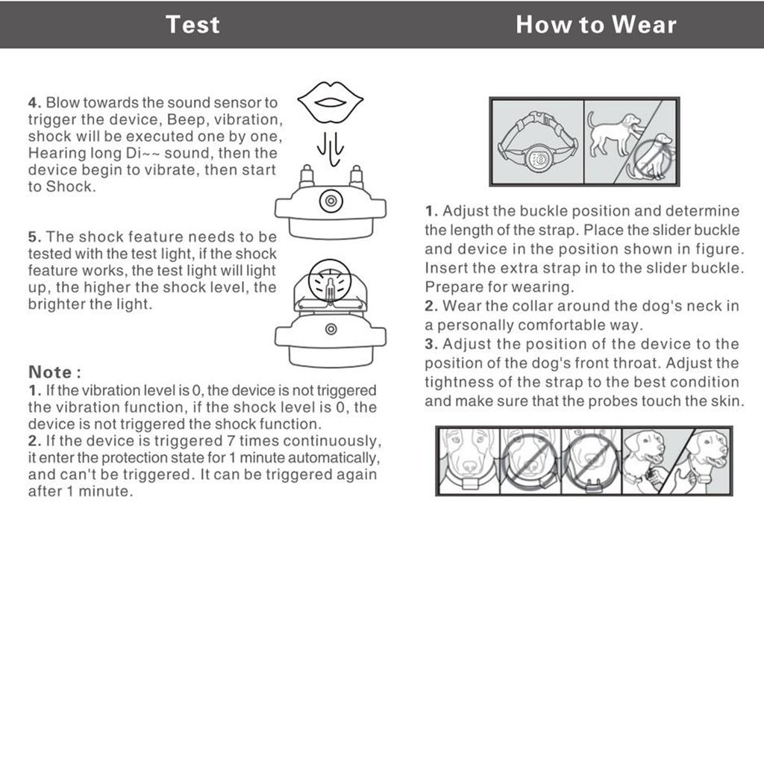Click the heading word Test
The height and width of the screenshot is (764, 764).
[x=192, y=24]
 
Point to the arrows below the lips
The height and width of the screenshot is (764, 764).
[x=330, y=148]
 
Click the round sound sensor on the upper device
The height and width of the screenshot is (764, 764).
[x=330, y=200]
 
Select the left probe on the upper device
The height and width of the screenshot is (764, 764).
[x=306, y=177]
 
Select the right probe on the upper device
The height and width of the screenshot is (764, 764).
[x=356, y=177]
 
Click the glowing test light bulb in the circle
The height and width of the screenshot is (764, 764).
[x=329, y=284]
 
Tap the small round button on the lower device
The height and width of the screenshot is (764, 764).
[x=330, y=329]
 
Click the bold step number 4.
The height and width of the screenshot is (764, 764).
[x=33, y=103]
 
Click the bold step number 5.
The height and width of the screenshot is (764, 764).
[x=33, y=237]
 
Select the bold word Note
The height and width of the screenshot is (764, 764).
[x=50, y=372]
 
